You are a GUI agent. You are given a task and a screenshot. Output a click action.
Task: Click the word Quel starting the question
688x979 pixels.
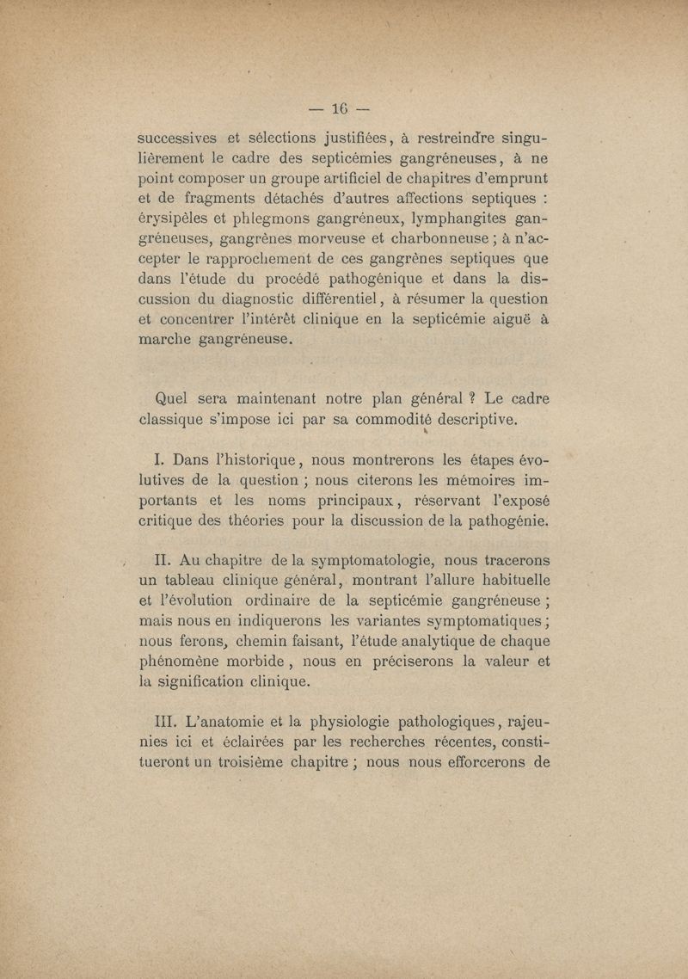[x=169, y=399]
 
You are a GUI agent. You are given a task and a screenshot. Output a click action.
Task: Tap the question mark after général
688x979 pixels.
[x=470, y=399]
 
